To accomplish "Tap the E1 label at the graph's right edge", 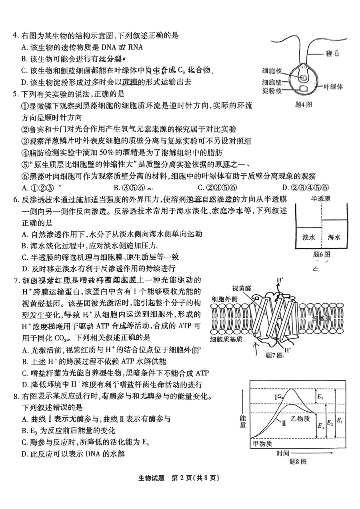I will [339, 421].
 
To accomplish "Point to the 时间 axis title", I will [282, 453].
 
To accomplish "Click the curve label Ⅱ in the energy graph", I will [283, 423].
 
